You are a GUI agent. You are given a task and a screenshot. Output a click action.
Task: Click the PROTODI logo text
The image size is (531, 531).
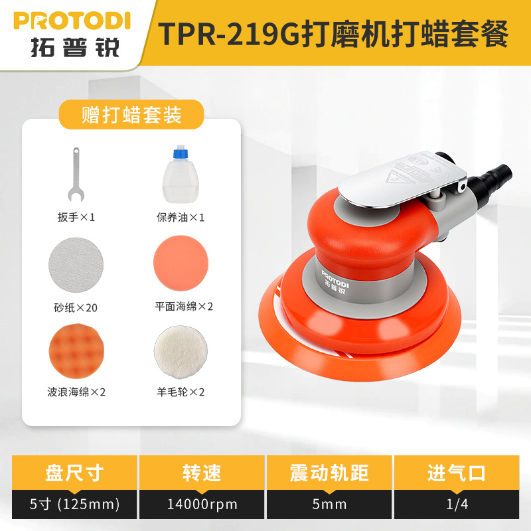click(72, 19)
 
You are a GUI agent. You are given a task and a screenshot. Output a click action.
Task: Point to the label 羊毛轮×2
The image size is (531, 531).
click(179, 392)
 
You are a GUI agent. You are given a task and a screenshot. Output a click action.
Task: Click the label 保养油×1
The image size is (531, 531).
click(179, 217)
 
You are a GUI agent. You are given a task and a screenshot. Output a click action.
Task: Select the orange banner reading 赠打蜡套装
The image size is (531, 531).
click(131, 115)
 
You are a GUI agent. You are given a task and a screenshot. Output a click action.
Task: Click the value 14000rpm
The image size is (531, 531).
click(201, 504)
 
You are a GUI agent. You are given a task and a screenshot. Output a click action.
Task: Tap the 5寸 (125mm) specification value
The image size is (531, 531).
click(74, 504)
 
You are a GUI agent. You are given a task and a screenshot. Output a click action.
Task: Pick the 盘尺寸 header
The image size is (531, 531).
click(74, 473)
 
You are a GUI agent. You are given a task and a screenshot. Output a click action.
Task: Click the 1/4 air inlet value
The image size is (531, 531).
click(457, 504)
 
